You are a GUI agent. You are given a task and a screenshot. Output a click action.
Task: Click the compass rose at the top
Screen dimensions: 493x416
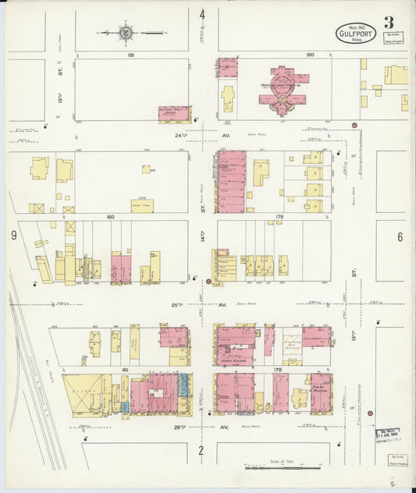pos(125,33)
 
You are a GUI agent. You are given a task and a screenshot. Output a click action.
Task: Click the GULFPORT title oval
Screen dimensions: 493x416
pos(357,34)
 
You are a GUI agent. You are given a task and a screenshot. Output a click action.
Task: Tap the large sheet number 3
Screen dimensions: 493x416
pos(389,22)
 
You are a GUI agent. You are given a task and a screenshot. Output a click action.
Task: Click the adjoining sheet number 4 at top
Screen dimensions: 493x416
pos(202,15)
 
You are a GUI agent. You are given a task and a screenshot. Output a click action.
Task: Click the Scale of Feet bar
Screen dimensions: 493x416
pos(283,468)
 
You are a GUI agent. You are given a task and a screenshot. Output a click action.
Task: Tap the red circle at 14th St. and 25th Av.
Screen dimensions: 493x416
pos(208,282)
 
